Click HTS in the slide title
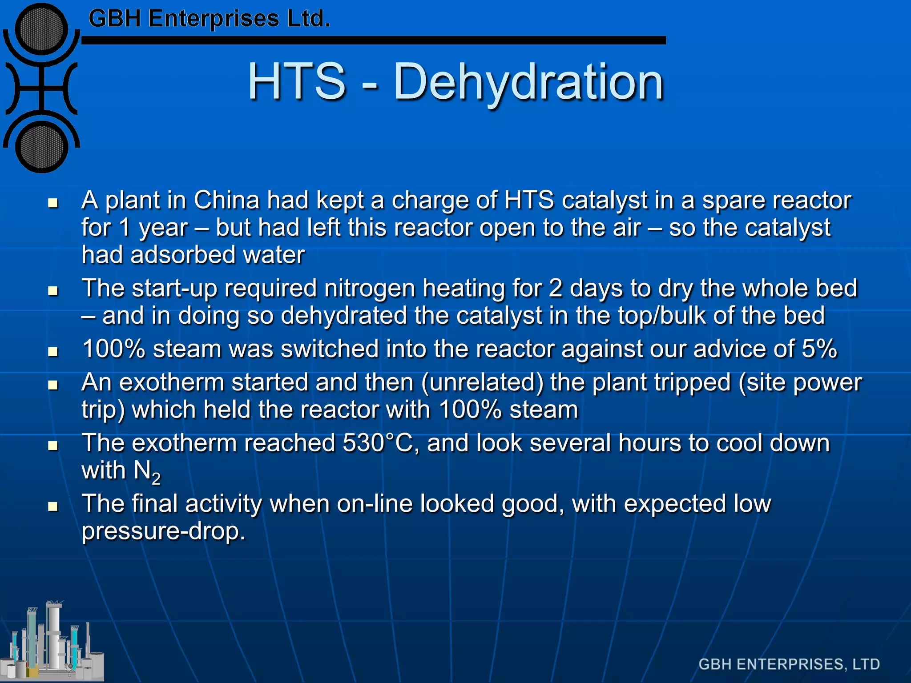[x=297, y=82]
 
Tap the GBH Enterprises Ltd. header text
[x=209, y=19]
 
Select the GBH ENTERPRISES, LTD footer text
[x=789, y=664]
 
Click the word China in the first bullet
[x=226, y=201]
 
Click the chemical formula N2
[x=147, y=471]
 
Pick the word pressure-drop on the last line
[x=163, y=531]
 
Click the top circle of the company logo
[x=42, y=29]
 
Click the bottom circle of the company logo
[x=42, y=147]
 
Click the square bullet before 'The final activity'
[x=53, y=506]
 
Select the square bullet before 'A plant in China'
[x=53, y=203]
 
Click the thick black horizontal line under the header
[x=374, y=40]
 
